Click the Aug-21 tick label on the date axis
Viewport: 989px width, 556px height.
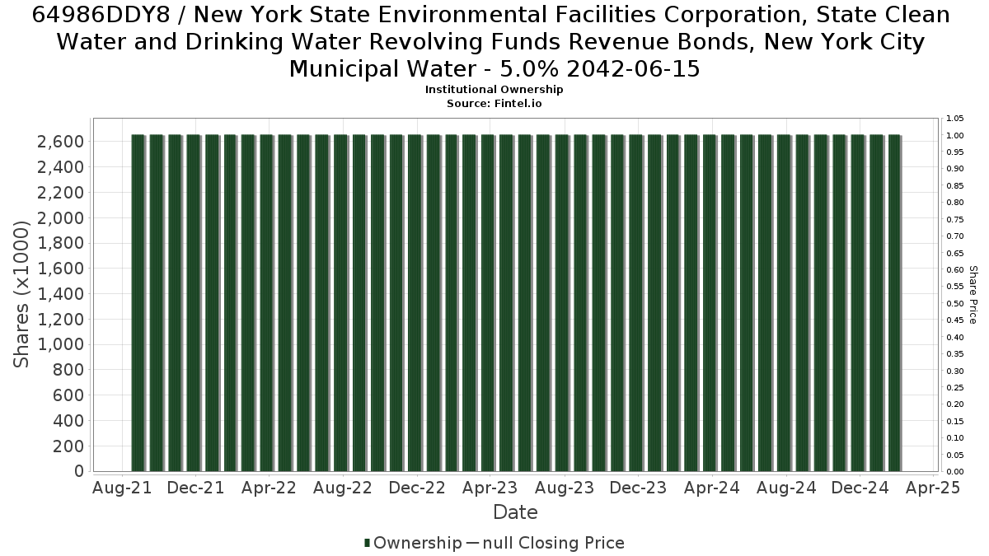[122, 488]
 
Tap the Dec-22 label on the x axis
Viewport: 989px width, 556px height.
[417, 488]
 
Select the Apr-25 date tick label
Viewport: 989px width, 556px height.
[933, 488]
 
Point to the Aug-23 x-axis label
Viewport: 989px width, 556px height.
[565, 488]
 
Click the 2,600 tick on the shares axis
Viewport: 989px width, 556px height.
[60, 142]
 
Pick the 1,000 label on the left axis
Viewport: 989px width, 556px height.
[60, 344]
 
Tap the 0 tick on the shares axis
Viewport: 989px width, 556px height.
[79, 471]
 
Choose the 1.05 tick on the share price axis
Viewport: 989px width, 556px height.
[954, 119]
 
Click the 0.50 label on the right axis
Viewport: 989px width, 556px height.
[954, 304]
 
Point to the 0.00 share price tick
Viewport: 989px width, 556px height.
[954, 472]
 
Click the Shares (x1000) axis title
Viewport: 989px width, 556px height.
[21, 294]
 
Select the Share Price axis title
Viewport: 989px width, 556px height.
[973, 295]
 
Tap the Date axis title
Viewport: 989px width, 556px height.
[515, 512]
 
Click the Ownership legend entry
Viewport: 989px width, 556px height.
[413, 543]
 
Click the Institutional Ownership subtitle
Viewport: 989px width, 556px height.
[494, 90]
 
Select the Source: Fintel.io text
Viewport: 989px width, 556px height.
[494, 104]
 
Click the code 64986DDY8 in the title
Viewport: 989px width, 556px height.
[101, 15]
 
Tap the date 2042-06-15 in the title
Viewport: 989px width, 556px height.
[633, 69]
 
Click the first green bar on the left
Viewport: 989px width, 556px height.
[138, 303]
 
